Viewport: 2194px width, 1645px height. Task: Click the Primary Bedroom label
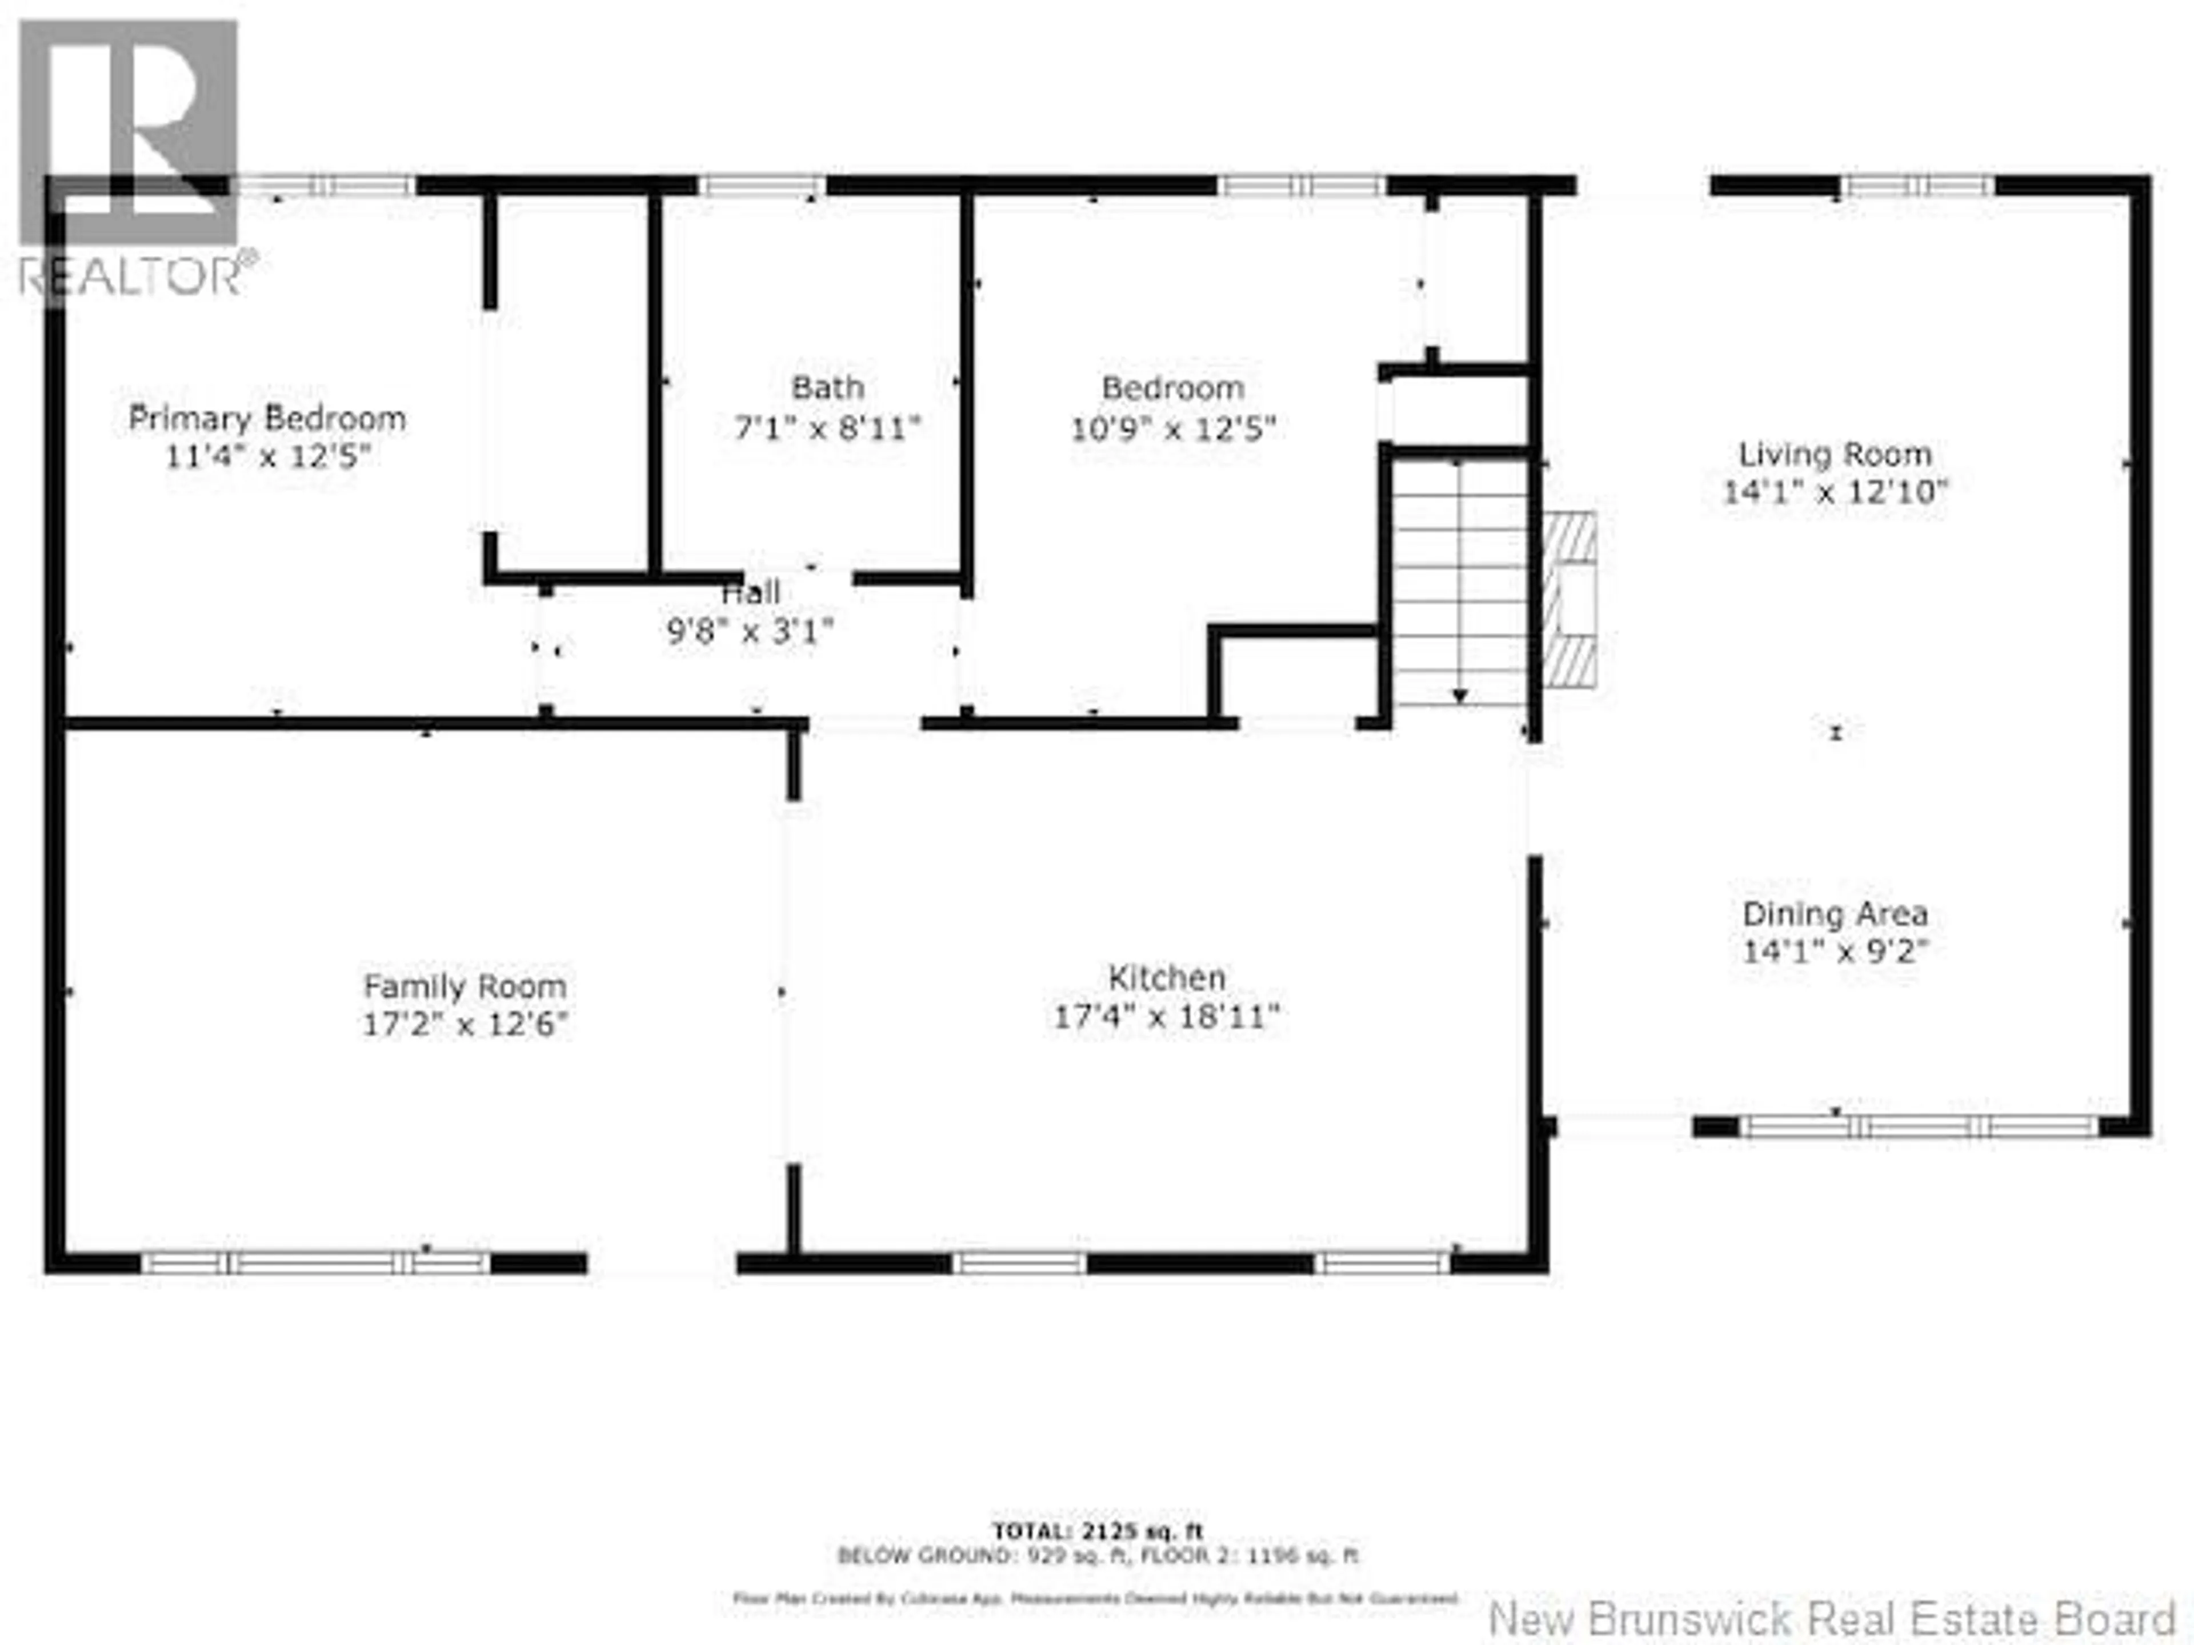coord(267,419)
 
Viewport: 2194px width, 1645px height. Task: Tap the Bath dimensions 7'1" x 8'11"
coord(827,428)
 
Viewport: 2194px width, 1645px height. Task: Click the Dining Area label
coord(1835,913)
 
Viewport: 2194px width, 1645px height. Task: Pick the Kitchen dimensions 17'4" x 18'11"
coord(1167,1016)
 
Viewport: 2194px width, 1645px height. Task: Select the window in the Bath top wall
coord(762,186)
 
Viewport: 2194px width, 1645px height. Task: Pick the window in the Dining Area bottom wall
coord(1919,1126)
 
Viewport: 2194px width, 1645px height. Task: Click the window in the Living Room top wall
coord(1918,186)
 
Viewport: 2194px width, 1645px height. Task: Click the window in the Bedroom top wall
coord(1302,186)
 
